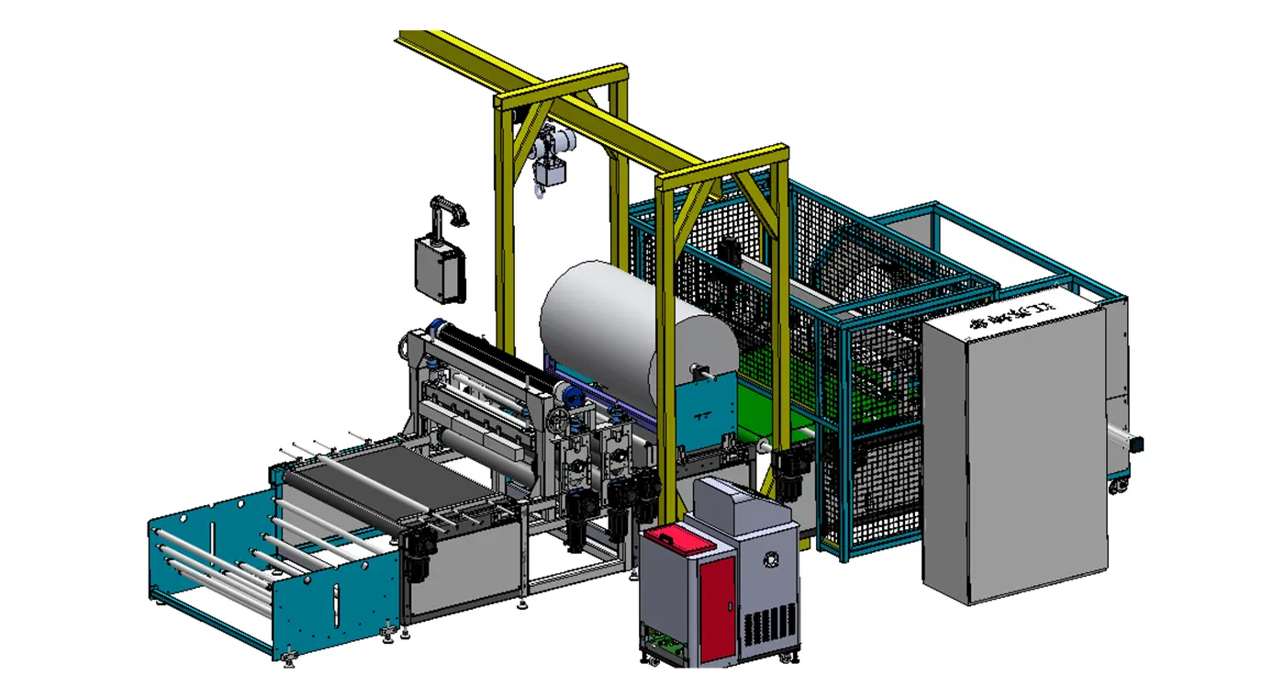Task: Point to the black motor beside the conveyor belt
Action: click(x=417, y=556)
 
